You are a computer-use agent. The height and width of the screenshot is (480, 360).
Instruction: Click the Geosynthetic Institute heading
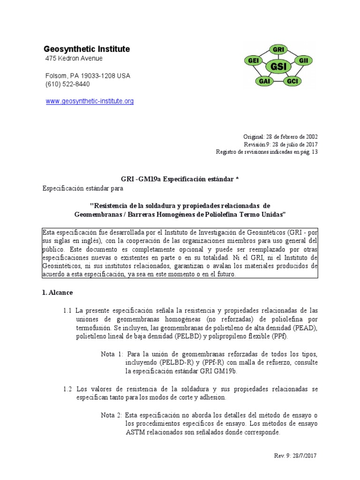87,49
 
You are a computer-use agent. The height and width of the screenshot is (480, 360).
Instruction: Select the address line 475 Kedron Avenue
74,59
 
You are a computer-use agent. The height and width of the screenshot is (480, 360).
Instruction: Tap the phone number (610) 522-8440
67,84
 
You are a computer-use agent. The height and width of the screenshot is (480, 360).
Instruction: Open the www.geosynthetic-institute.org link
90,101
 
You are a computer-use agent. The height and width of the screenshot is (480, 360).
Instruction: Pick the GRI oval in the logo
278,49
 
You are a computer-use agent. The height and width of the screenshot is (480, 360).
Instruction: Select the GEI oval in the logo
254,60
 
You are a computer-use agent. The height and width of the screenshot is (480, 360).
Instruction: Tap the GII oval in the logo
303,60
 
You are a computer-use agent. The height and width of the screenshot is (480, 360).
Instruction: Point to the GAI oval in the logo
264,81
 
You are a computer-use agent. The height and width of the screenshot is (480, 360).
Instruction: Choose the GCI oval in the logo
292,81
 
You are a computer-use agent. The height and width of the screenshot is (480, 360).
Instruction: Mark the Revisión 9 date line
280,144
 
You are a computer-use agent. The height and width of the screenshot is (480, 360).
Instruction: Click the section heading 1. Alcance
57,292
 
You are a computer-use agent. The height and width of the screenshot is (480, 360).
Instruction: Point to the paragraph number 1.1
67,310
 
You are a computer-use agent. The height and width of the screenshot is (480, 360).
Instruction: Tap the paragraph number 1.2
67,389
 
